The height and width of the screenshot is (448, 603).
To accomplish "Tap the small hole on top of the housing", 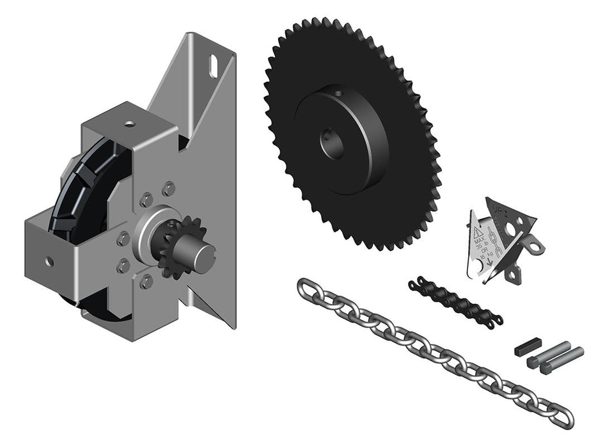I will pos(130,123).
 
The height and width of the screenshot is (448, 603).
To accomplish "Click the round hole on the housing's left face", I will pos(49,261).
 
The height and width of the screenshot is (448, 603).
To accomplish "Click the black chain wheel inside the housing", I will pos(90,192).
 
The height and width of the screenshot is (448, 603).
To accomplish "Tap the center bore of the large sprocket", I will pos(333,144).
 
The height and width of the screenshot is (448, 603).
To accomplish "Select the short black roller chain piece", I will pos(454,301).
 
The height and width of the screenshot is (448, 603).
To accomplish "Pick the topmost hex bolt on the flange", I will pos(169,188).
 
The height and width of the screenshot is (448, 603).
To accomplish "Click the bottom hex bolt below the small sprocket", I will pos(146,281).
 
